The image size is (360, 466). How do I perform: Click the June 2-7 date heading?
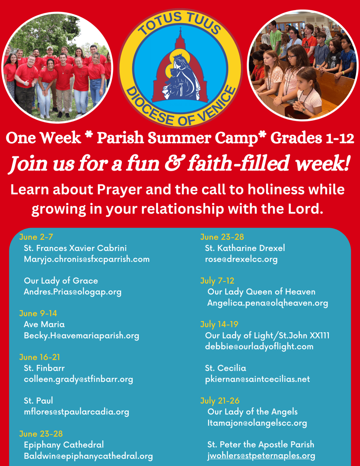coord(36,237)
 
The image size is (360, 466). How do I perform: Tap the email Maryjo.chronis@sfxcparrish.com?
coord(87,259)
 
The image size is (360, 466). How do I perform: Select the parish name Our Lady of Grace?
coord(61,281)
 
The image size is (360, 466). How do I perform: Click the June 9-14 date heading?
coord(38,313)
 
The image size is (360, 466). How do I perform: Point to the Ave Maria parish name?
coord(44,324)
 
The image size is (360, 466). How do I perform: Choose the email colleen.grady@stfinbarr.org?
coord(79,379)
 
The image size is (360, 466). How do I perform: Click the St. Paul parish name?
coord(38,400)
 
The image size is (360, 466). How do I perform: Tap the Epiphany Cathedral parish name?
coord(64,445)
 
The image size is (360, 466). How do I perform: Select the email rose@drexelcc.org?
coord(241,259)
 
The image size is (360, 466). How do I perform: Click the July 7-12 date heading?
coord(217,281)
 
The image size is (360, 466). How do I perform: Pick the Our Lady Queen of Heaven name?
coord(261,292)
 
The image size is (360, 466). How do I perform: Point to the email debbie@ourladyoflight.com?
coord(259,346)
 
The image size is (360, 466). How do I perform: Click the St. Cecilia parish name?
coord(226,368)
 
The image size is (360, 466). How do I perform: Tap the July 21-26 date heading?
coord(220,401)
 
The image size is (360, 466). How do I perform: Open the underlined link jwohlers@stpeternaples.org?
coord(261,456)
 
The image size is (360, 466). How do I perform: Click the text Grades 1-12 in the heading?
coord(312,138)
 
